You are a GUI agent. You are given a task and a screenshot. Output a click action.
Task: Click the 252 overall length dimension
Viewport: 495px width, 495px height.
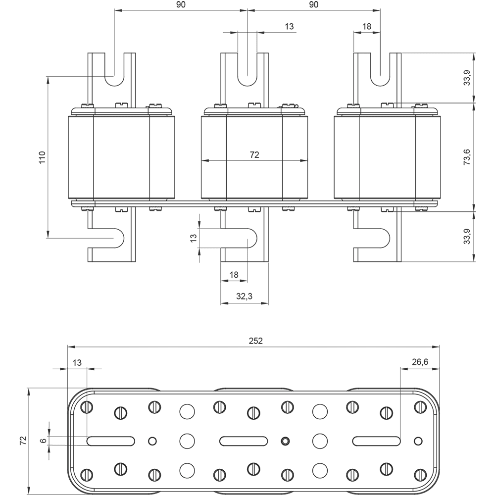pyautogui.click(x=256, y=341)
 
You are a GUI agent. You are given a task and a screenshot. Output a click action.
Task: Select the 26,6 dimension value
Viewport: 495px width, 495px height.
pyautogui.click(x=419, y=362)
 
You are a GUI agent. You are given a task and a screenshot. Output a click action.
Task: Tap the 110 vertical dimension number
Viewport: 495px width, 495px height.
pyautogui.click(x=42, y=157)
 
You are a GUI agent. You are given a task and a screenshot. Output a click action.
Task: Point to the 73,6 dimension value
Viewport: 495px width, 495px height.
pyautogui.click(x=467, y=157)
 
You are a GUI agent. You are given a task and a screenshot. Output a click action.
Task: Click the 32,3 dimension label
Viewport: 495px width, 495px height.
pyautogui.click(x=244, y=297)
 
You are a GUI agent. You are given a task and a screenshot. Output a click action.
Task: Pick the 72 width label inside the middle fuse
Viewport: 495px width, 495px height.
pyautogui.click(x=254, y=155)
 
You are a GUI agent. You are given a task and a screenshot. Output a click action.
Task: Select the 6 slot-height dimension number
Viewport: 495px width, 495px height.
pyautogui.click(x=43, y=440)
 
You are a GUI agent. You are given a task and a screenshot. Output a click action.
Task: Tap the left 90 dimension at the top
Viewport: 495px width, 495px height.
pyautogui.click(x=181, y=4)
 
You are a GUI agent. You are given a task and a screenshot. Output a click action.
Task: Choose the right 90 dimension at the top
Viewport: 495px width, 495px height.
pyautogui.click(x=313, y=4)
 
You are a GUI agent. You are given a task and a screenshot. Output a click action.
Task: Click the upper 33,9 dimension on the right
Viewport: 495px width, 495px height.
pyautogui.click(x=467, y=78)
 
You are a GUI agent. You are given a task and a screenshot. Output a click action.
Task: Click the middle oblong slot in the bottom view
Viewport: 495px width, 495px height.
pyautogui.click(x=244, y=441)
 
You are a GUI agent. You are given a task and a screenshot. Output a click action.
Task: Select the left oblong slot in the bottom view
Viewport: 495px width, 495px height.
pyautogui.click(x=111, y=441)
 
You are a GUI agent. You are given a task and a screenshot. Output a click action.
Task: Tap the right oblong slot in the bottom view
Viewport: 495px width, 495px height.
pyautogui.click(x=376, y=441)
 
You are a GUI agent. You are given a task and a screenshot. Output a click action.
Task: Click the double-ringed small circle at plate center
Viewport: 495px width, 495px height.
pyautogui.click(x=285, y=441)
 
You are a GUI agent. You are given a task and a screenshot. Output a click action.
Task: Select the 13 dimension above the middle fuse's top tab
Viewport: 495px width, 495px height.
pyautogui.click(x=290, y=26)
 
